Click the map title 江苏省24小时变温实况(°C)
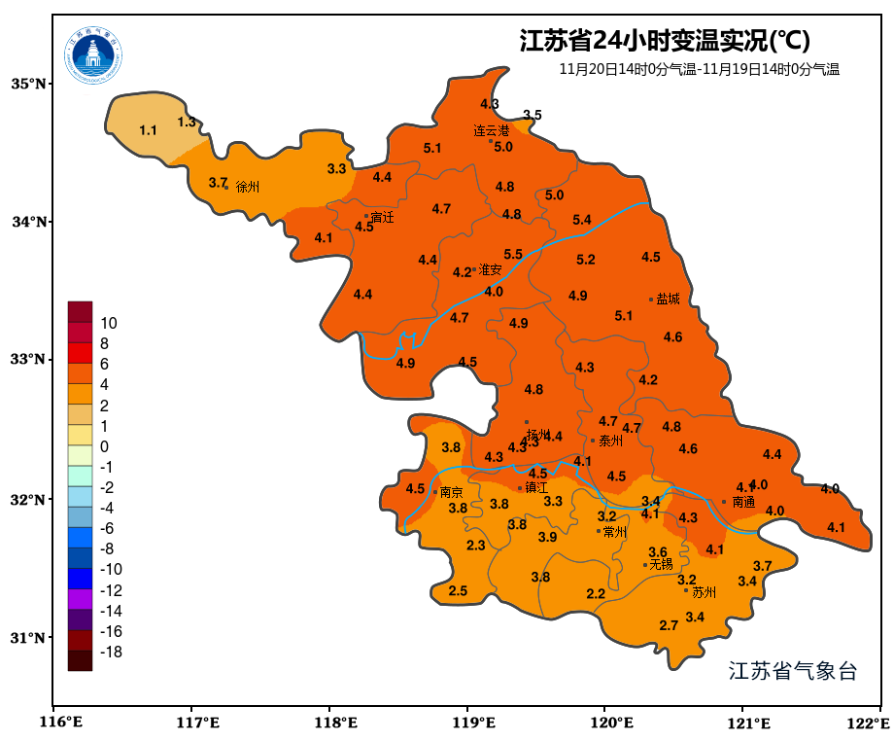coord(665,42)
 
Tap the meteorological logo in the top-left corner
coord(94,54)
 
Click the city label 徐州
coord(248,187)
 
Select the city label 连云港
coord(492,130)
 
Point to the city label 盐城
coord(669,300)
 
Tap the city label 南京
coord(452,492)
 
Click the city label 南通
coord(743,503)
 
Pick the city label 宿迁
coord(383,217)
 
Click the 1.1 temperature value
coord(148,130)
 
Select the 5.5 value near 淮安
coord(513,255)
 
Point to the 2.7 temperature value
coord(669,625)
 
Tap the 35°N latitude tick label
coord(28,84)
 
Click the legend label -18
coord(111,652)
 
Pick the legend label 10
coord(109,323)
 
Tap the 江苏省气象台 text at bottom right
coord(793,671)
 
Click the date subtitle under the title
coord(699,69)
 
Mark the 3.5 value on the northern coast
coord(532,116)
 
